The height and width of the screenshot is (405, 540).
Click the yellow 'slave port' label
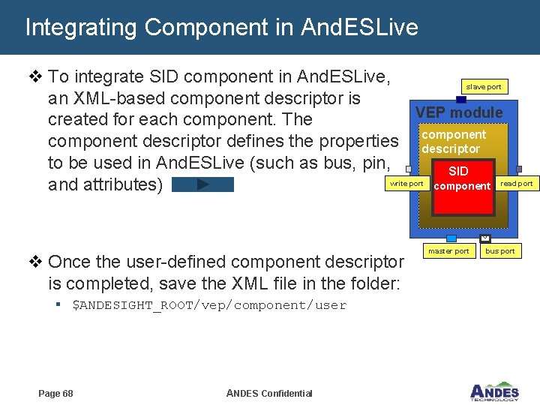tap(484, 87)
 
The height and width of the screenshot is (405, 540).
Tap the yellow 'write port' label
tap(406, 184)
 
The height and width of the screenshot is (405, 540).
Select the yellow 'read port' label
tap(517, 184)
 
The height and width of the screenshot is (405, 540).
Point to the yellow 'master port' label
tap(448, 251)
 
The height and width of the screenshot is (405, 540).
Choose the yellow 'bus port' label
tap(500, 251)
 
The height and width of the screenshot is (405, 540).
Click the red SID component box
tap(460, 178)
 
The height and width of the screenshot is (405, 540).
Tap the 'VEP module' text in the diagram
tap(459, 112)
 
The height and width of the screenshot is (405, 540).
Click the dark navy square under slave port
tap(461, 99)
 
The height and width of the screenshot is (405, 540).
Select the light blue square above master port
tap(451, 238)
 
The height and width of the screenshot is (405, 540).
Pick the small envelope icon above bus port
tap(484, 238)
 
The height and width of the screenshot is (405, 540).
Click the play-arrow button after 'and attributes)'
tap(202, 184)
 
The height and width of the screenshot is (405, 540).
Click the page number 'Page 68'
tap(55, 394)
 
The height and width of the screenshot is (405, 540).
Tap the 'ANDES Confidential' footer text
tap(268, 394)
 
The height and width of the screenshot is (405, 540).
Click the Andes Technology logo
tap(494, 391)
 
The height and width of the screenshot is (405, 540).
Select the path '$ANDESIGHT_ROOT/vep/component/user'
tap(209, 305)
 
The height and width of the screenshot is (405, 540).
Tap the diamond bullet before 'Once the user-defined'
tap(35, 262)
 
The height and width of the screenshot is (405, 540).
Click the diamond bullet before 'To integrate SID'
tap(35, 76)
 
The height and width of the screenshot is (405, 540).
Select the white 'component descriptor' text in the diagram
tap(453, 142)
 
